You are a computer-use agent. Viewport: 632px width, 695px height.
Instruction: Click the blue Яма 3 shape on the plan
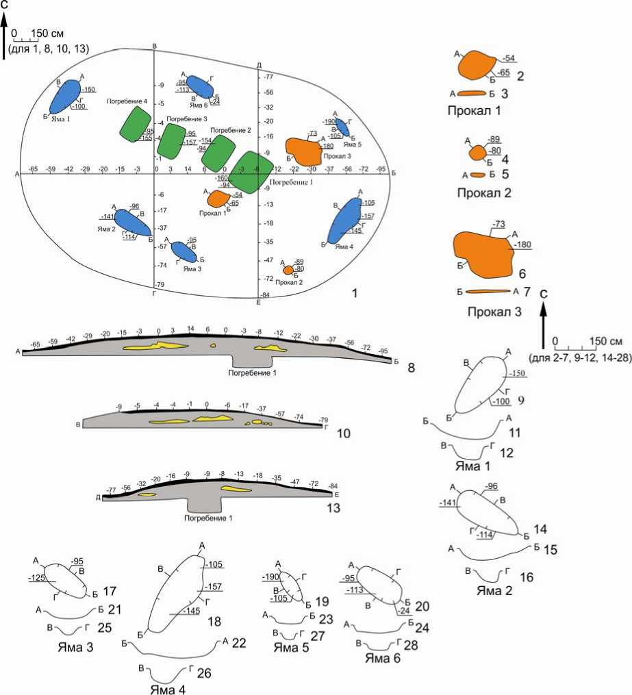pos(184,252)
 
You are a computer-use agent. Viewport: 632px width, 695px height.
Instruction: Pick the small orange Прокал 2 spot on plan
pos(289,270)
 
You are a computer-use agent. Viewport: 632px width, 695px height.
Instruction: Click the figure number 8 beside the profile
pos(411,368)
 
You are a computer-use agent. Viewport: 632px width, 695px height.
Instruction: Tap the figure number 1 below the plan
pos(354,294)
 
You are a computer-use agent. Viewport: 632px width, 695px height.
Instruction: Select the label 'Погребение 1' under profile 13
pos(208,518)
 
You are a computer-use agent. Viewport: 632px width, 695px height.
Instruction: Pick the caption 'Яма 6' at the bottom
pos(383,659)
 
